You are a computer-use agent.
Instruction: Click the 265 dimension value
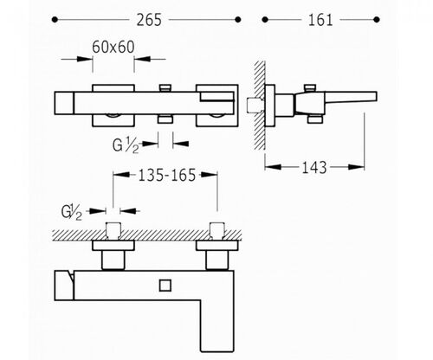[x=149, y=20]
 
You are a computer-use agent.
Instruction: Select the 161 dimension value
[x=320, y=20]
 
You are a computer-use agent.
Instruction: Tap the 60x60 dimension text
[x=113, y=47]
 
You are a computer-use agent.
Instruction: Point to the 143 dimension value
[x=314, y=167]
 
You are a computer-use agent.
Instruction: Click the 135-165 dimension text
[x=167, y=175]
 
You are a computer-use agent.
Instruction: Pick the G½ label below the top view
[x=126, y=145]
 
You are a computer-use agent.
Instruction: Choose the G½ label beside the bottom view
[x=72, y=213]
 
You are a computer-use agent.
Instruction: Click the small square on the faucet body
[x=165, y=286]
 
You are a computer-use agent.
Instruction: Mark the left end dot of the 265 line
[x=55, y=20]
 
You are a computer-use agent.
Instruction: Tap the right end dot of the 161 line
[x=377, y=20]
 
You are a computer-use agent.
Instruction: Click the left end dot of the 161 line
[x=265, y=20]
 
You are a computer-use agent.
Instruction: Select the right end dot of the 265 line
[x=238, y=20]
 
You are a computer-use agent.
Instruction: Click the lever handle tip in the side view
[x=376, y=97]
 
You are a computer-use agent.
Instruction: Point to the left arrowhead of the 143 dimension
[x=273, y=167]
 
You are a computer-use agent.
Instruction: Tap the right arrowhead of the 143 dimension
[x=356, y=167]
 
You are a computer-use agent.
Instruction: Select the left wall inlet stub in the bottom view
[x=113, y=231]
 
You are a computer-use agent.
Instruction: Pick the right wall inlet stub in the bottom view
[x=217, y=231]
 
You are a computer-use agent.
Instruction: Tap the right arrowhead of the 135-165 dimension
[x=209, y=175]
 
